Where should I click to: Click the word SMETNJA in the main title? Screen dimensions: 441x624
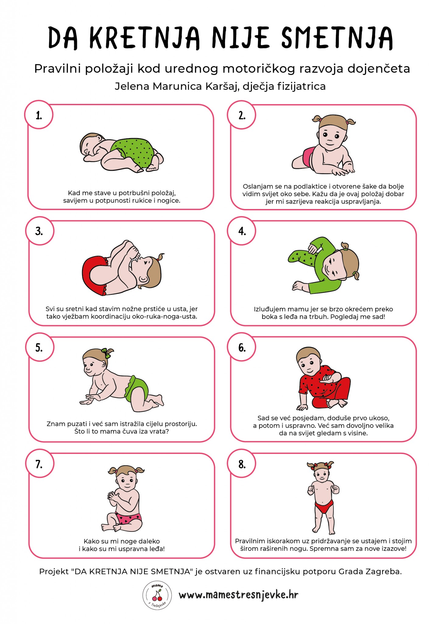[x=337, y=38]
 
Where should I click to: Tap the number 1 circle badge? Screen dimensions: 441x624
[x=39, y=115]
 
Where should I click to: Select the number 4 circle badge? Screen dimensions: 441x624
[x=242, y=231]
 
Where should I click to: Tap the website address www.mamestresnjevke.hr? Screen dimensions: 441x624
[x=238, y=595]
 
